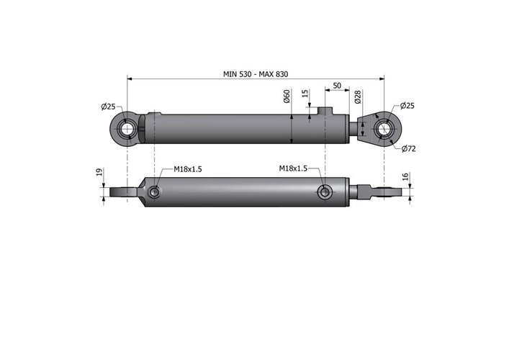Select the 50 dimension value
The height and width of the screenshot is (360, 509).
tap(337, 86)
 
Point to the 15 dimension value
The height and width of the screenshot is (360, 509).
tap(305, 94)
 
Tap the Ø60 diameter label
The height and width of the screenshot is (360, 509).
tap(287, 96)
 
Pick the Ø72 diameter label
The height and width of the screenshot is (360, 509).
tap(407, 149)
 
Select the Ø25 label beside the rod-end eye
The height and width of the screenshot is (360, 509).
tap(407, 106)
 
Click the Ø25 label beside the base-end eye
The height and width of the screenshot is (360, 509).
tap(109, 107)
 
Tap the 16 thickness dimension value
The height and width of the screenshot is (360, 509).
tap(407, 176)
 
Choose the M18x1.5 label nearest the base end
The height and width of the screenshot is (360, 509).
tap(187, 169)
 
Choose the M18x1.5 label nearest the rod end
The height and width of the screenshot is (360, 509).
tap(293, 168)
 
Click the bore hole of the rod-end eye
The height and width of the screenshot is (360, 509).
tap(384, 130)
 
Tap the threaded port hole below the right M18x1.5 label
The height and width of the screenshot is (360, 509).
tap(325, 192)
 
